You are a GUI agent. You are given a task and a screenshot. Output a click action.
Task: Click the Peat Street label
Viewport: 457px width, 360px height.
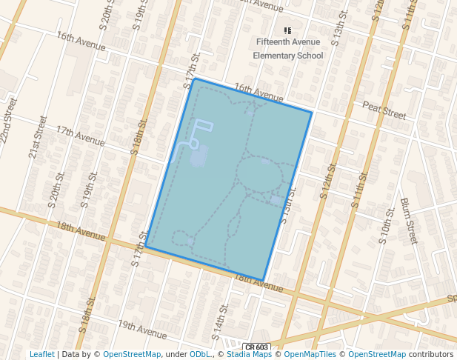(x=384, y=112)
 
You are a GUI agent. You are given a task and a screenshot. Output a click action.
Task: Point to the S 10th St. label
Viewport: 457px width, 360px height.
(x=387, y=226)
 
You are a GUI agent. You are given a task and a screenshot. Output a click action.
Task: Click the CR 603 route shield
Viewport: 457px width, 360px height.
(x=256, y=347)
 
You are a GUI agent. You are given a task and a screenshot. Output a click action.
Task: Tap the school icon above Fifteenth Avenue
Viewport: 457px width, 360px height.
(x=288, y=30)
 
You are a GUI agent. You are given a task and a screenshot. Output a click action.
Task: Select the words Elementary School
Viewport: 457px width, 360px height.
(x=288, y=55)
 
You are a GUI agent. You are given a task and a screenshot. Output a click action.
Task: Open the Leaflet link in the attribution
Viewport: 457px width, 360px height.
(x=41, y=354)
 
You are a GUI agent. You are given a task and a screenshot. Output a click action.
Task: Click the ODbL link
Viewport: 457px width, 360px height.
(x=200, y=354)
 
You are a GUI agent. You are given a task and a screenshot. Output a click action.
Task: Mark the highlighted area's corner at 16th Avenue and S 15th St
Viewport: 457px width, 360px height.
(x=312, y=112)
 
